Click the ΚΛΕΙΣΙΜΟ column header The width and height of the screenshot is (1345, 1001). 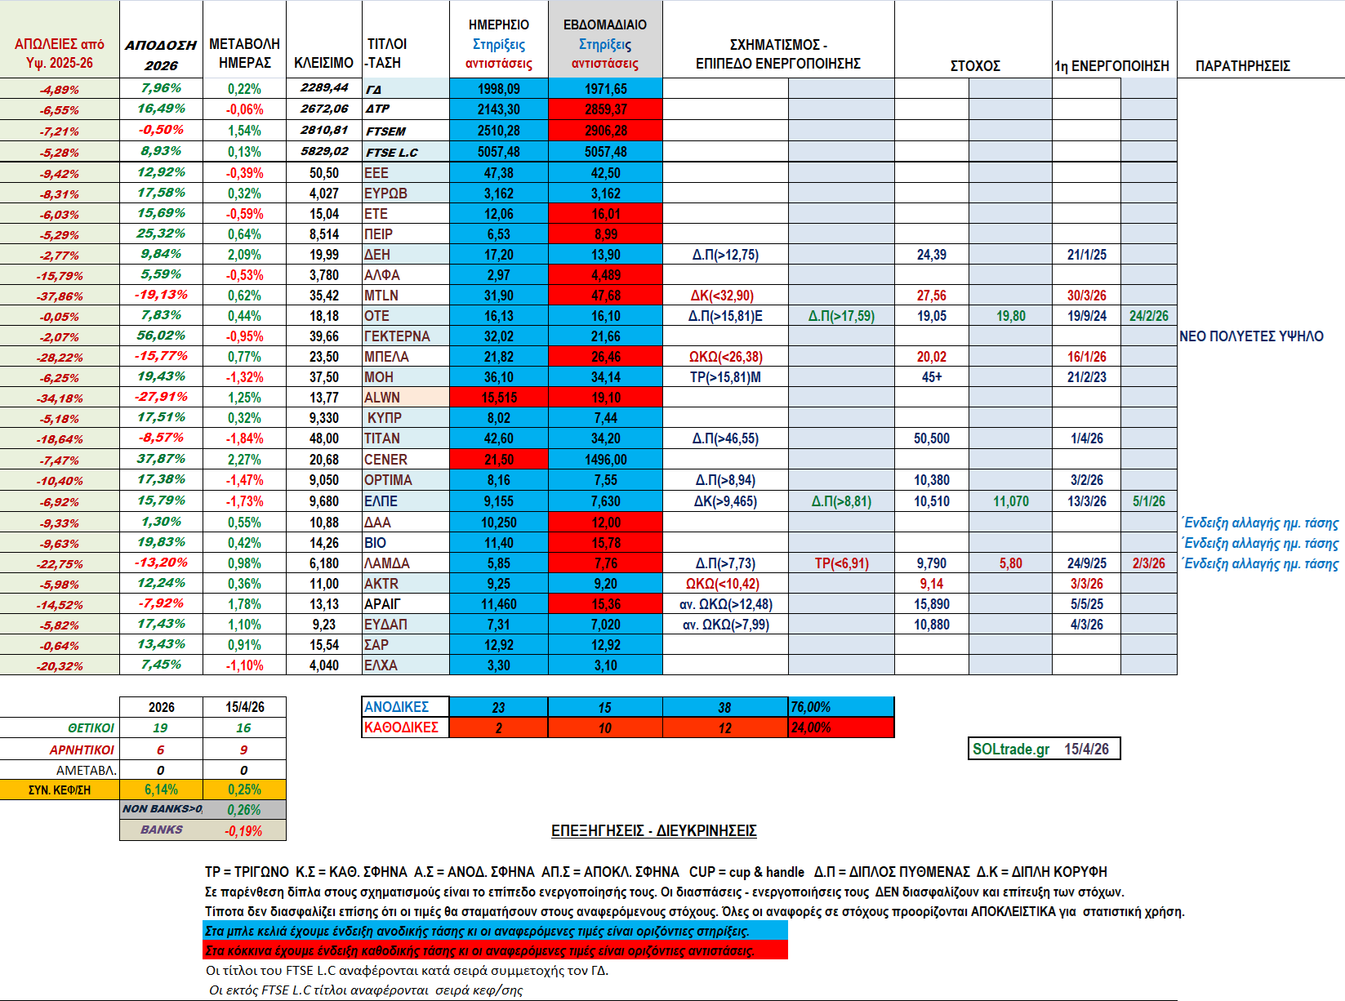323,63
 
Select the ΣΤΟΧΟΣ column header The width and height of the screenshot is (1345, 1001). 974,65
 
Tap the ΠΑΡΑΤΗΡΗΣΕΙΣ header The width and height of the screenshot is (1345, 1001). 1242,65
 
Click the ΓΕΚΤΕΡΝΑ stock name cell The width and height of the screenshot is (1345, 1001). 397,336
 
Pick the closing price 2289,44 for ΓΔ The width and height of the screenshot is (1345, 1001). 324,88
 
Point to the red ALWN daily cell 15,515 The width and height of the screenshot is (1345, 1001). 498,398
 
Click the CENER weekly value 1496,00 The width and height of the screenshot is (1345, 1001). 605,460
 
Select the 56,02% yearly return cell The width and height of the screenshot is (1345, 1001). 161,336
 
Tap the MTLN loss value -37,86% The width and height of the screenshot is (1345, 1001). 60,296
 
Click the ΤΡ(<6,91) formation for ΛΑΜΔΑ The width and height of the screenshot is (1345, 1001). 841,563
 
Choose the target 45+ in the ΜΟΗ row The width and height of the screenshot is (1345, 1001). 931,377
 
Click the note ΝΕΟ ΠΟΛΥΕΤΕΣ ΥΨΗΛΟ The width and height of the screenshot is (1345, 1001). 1251,336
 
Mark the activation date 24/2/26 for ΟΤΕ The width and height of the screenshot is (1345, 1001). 1148,316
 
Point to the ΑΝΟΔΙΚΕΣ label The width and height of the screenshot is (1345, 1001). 396,707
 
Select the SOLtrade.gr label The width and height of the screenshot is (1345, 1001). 1011,749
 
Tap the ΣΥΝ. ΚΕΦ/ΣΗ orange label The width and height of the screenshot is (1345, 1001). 60,790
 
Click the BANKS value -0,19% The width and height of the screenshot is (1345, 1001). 243,830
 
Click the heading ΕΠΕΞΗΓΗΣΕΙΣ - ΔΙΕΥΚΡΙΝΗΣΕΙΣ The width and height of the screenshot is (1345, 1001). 653,830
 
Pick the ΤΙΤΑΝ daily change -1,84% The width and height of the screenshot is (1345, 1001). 244,438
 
